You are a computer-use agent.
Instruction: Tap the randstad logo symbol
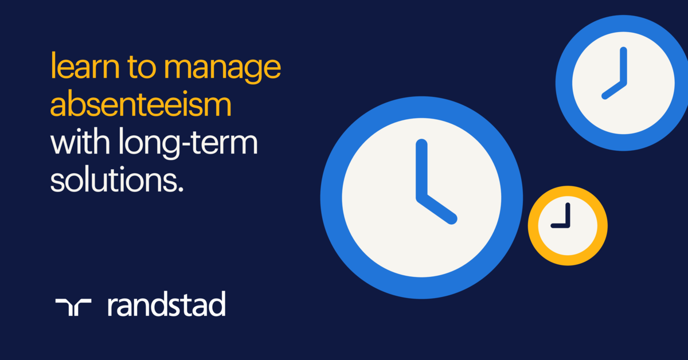(73, 307)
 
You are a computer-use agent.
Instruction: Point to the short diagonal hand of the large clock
(438, 210)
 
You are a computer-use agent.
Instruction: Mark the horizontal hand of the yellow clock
(560, 226)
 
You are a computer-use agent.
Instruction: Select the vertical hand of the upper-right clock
(623, 66)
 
